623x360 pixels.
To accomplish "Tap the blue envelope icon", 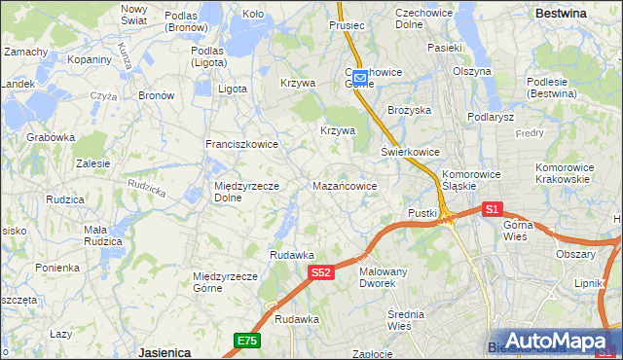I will click(x=359, y=76).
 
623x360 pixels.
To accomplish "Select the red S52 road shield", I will click(x=323, y=274).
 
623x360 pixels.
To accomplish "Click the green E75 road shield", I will click(x=247, y=339).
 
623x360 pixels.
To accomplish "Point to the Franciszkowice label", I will click(x=241, y=144).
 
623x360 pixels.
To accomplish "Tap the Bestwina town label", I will click(x=561, y=14).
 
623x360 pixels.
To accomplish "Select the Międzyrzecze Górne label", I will click(x=225, y=282).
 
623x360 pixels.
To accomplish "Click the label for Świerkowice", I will click(x=410, y=152).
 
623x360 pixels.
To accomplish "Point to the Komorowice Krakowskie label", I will click(x=564, y=173).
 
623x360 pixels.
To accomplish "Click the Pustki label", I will click(x=422, y=212).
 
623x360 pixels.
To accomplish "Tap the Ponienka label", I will click(x=56, y=268).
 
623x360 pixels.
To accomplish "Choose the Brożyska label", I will click(x=409, y=110).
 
